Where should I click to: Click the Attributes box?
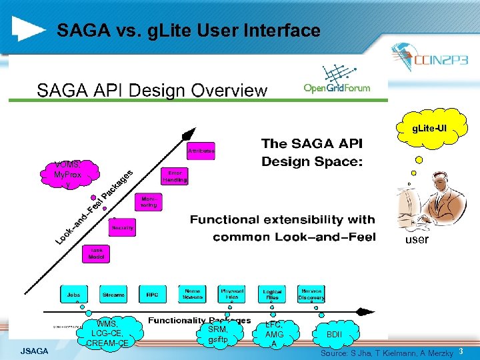[x=201, y=152]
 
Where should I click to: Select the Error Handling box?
[x=175, y=176]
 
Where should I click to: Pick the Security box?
[x=123, y=227]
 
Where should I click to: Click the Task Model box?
[x=97, y=254]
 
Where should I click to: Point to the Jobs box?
[x=74, y=294]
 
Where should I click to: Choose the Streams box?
[x=113, y=294]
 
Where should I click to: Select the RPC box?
[x=152, y=294]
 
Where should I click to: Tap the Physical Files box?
[x=232, y=293]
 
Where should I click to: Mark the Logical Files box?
[x=272, y=294]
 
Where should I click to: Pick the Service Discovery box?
[x=312, y=293]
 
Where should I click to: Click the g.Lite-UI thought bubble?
[x=429, y=127]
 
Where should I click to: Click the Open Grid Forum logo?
[x=337, y=81]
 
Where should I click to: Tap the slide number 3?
[x=461, y=350]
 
